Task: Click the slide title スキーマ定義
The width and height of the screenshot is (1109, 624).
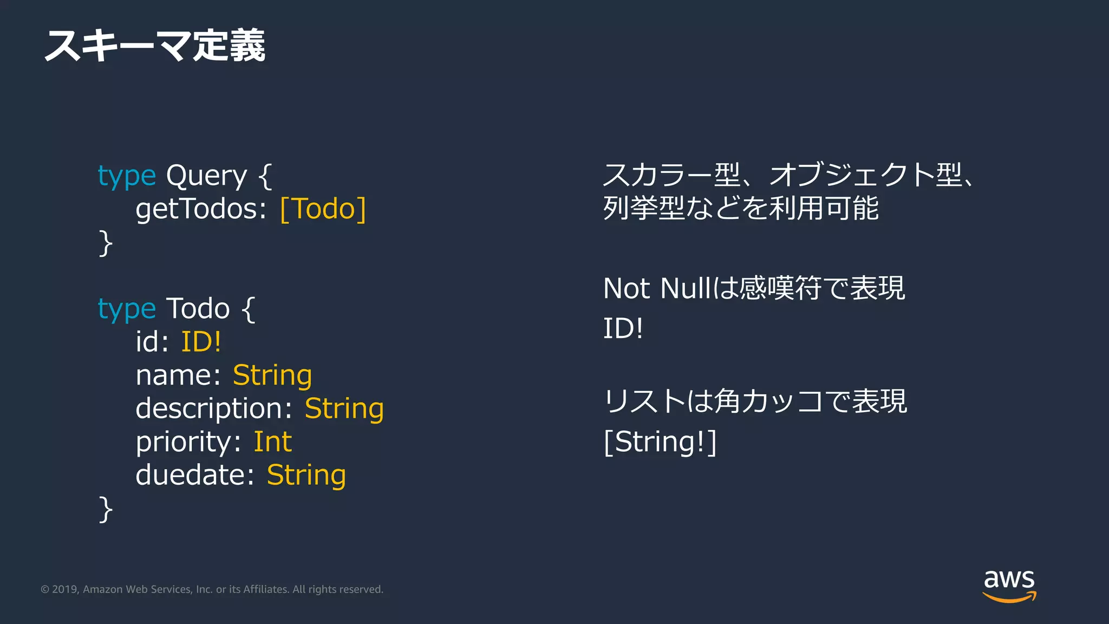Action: (x=155, y=45)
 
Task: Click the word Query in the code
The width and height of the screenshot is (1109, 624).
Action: (x=206, y=176)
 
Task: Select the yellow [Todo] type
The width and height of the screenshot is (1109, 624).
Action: (x=323, y=209)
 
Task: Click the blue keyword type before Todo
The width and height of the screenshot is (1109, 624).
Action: (x=127, y=309)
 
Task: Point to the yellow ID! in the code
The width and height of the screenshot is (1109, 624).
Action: (x=201, y=342)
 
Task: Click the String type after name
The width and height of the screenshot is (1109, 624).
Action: (x=272, y=375)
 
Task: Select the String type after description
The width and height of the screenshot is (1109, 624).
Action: (x=344, y=409)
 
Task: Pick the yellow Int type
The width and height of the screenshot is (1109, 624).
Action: (x=272, y=442)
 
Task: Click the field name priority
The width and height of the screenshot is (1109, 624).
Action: (x=185, y=442)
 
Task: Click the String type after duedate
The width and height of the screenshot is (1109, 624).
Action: (x=306, y=475)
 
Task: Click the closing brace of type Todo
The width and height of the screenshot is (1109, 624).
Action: (x=106, y=509)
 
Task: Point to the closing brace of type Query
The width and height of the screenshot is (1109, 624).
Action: (x=106, y=243)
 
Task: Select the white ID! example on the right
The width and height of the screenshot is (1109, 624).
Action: (x=623, y=328)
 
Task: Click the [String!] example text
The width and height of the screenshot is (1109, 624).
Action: (x=660, y=441)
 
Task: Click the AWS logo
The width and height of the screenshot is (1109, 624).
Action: (x=1009, y=585)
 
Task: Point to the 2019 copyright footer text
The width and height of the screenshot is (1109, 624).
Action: (x=212, y=589)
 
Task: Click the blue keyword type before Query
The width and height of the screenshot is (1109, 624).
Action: (x=127, y=176)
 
